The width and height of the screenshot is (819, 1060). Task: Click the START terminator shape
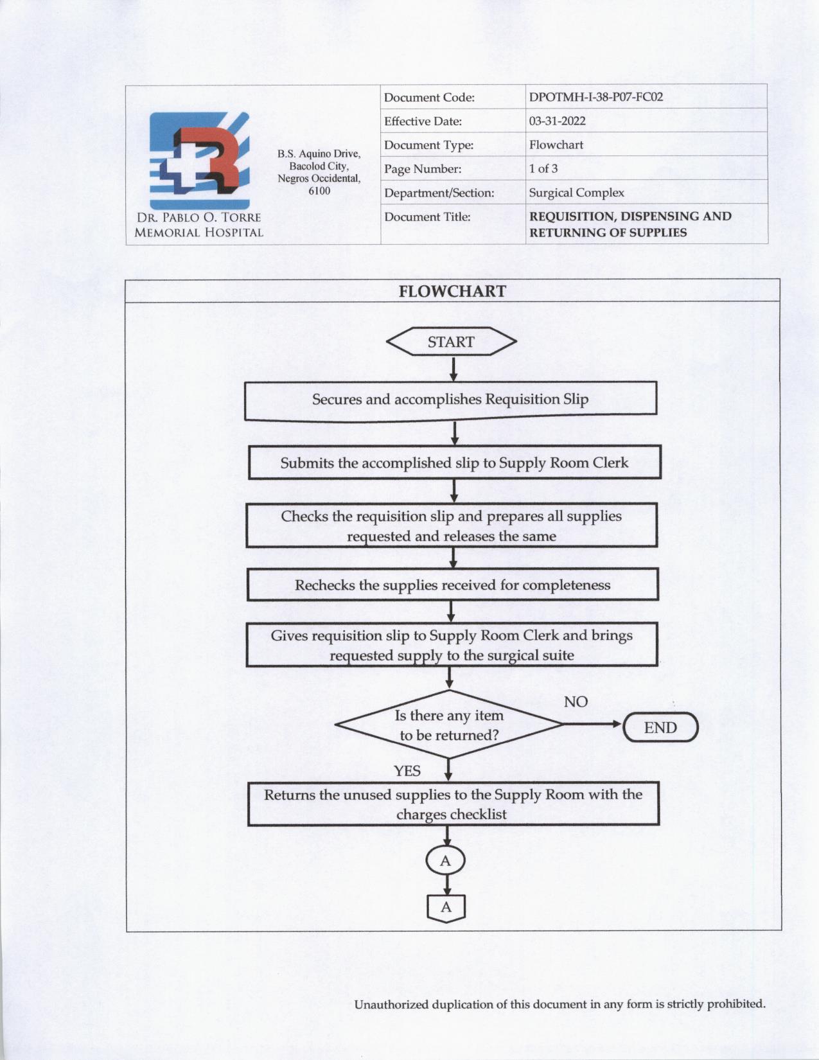(x=451, y=342)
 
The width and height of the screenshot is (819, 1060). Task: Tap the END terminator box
(x=660, y=728)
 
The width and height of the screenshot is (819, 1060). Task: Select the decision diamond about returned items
(x=449, y=725)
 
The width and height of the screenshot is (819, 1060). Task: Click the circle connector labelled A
(x=446, y=861)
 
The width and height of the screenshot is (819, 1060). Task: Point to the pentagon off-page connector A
(x=446, y=908)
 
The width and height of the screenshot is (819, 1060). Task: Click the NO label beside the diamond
(x=576, y=702)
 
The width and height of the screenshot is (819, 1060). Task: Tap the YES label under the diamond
(x=407, y=771)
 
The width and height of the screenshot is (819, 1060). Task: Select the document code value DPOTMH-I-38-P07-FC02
(x=595, y=98)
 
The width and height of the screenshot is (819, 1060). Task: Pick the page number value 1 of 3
(x=543, y=169)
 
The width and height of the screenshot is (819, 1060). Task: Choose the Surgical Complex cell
(x=576, y=193)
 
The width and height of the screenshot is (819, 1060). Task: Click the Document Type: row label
(x=428, y=145)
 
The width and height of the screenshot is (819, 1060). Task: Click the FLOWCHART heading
(x=452, y=292)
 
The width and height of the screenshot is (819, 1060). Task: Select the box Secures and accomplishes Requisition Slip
(x=450, y=400)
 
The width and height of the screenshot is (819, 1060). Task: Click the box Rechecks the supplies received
(x=452, y=585)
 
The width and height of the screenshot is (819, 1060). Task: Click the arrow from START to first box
(x=454, y=369)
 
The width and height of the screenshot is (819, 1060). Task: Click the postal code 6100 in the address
(x=319, y=191)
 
